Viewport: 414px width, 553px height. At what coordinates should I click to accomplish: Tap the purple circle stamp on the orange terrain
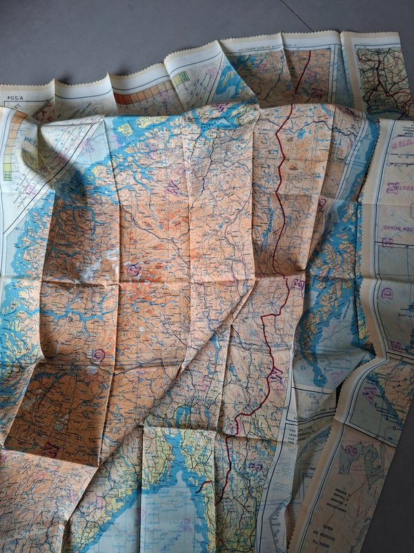click(x=98, y=355)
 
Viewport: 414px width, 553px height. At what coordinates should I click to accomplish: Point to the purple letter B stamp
click(x=387, y=242)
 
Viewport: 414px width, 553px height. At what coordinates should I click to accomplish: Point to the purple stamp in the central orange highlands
click(x=134, y=269)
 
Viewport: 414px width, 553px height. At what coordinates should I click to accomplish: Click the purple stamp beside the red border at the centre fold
click(x=299, y=283)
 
